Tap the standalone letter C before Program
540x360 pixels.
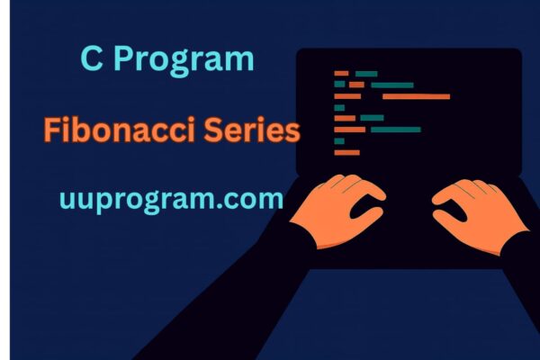pyautogui.click(x=91, y=59)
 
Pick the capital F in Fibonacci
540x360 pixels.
pyautogui.click(x=52, y=131)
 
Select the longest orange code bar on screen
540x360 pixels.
pyautogui.click(x=415, y=96)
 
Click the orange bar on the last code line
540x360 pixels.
pyautogui.click(x=346, y=152)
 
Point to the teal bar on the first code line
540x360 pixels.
pyautogui.click(x=366, y=73)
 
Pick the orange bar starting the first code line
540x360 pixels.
pyautogui.click(x=341, y=73)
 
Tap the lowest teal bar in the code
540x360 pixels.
pyautogui.click(x=339, y=141)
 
